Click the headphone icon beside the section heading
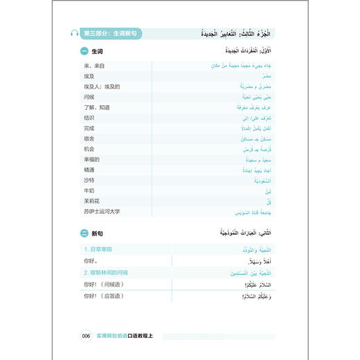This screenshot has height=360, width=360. coord(73,33)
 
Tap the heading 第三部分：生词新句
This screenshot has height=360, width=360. coord(109,33)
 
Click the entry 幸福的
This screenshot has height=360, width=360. coord(91,159)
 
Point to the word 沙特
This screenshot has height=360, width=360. coord(88,180)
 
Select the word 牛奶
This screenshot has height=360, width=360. coord(88,190)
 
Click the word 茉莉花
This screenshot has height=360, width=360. coord(91,201)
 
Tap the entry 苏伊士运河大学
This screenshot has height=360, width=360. coord(102,211)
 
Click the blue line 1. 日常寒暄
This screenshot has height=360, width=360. coord(100,249)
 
